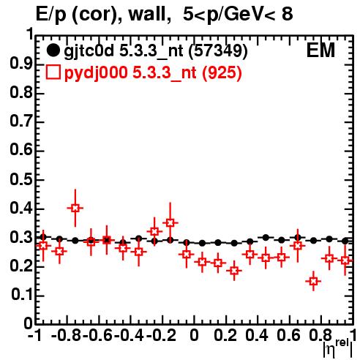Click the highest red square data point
coord(75,208)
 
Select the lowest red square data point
coord(313,281)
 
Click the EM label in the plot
coord(320,50)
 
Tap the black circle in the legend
coord(53,50)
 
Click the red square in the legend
coord(53,72)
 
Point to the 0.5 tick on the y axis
coord(21,180)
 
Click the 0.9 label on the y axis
coord(21,64)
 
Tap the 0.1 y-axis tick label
coord(22,295)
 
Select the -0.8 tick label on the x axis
coord(67,335)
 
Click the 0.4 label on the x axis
coord(257,335)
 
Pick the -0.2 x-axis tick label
coord(161,335)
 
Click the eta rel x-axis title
coord(338,348)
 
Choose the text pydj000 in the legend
coord(96,73)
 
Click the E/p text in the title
coord(51,15)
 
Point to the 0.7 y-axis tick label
coord(21,122)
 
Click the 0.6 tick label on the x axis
coord(288,335)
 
